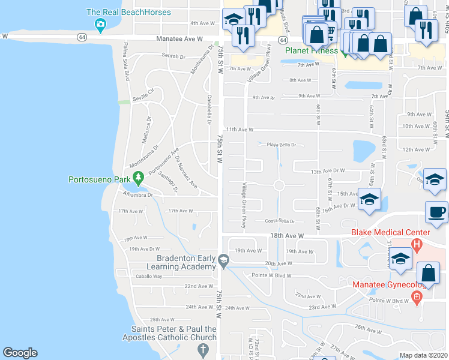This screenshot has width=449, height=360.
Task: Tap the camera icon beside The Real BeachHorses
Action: (100, 24)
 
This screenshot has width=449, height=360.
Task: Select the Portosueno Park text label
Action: (100, 179)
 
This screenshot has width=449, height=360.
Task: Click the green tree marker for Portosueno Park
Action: (139, 178)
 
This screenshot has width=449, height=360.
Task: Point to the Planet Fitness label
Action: (312, 50)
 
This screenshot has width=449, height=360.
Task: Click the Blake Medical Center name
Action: (394, 232)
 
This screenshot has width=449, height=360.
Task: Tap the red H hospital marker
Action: (417, 244)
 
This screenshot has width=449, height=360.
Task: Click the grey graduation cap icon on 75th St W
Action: (223, 259)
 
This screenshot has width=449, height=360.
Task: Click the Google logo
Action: (20, 353)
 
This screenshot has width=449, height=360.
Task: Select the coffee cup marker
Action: (436, 211)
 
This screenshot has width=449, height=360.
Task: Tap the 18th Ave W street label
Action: (288, 236)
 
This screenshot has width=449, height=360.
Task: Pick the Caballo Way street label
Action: (149, 276)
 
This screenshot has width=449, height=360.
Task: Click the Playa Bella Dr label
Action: (282, 145)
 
